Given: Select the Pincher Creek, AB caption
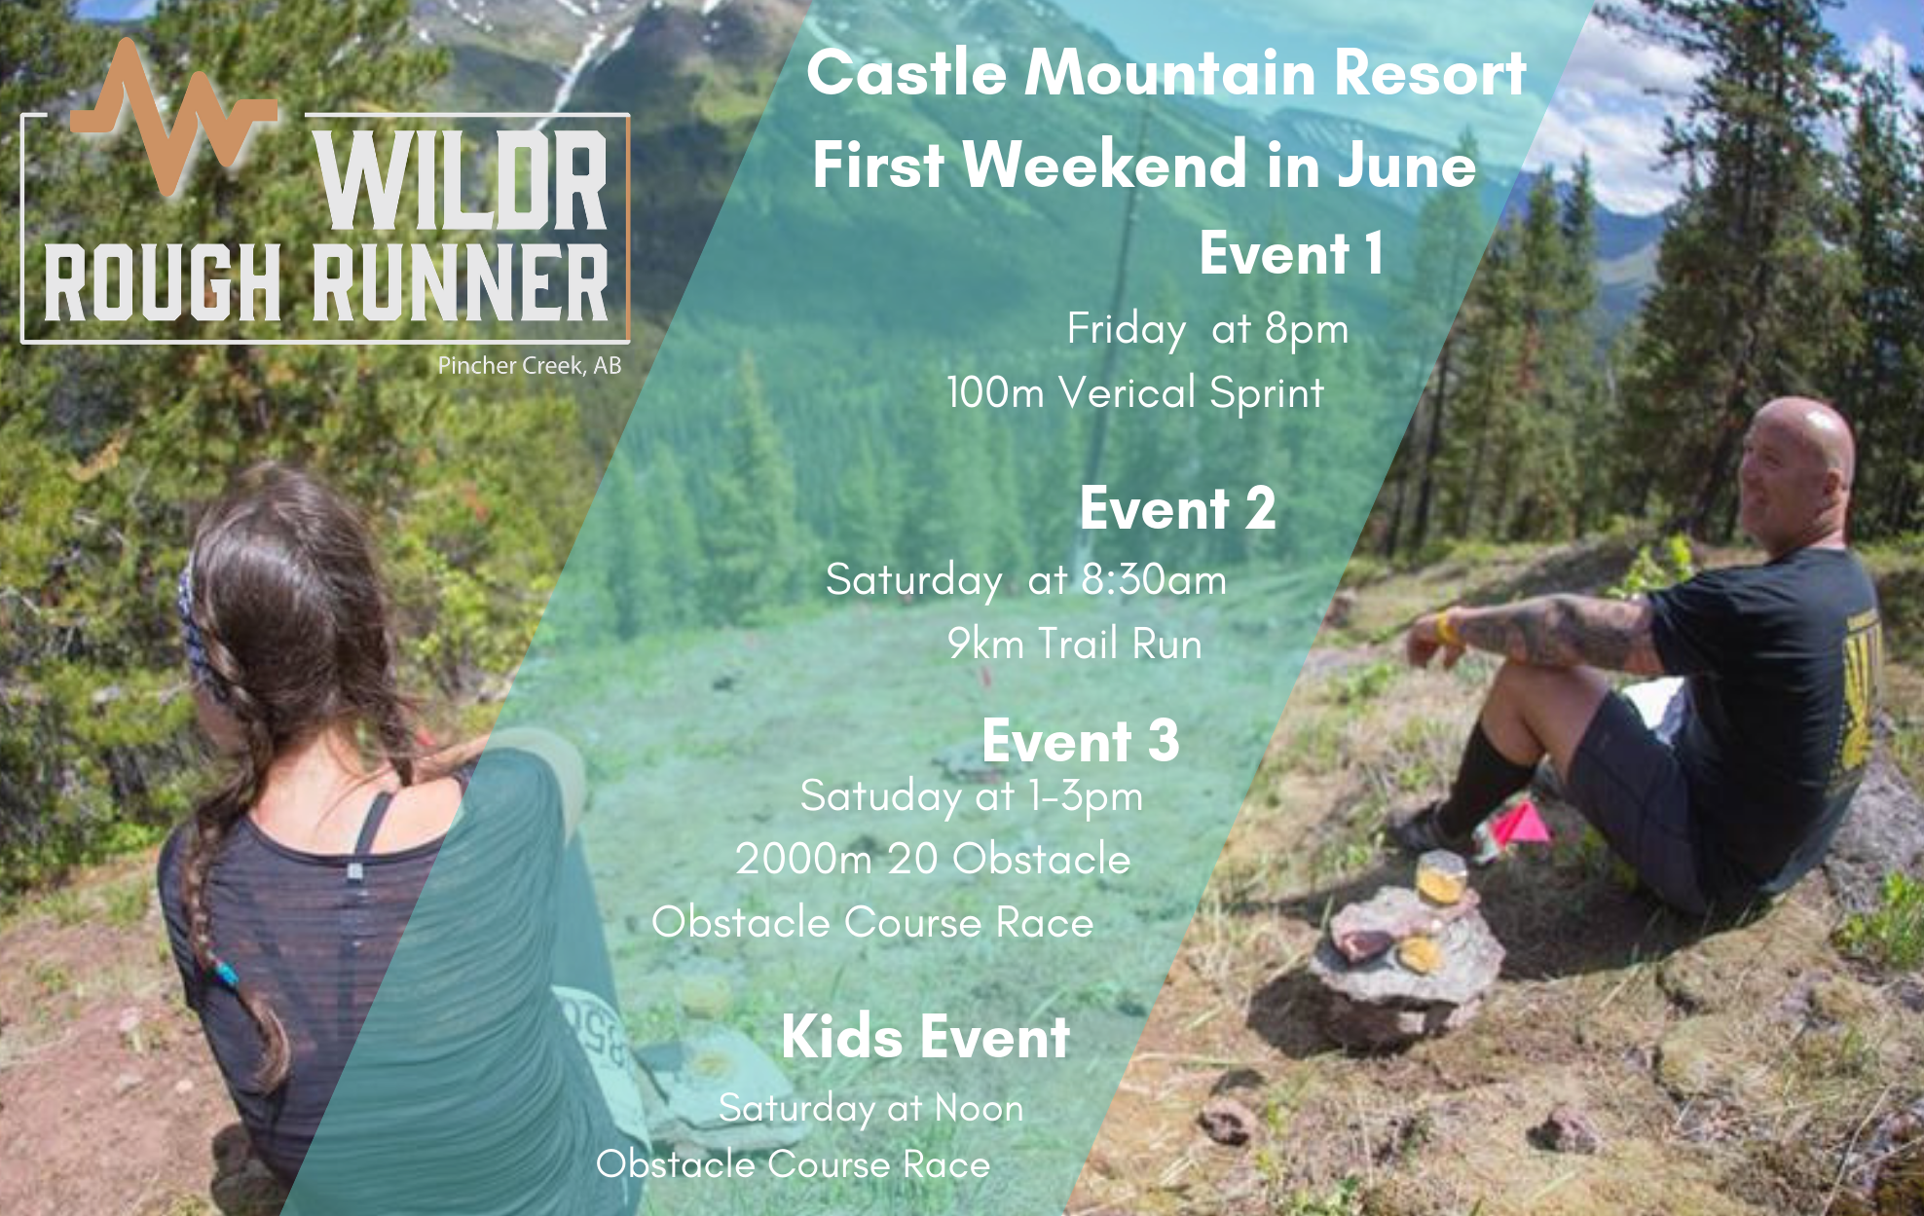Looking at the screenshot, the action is point(529,366).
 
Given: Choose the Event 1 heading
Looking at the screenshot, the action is point(1291,254).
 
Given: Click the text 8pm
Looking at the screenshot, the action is point(1307,329).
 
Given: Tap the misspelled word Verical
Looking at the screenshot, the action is point(1128,392).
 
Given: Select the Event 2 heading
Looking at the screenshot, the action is point(1177,508).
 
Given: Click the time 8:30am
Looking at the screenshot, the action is point(1154,580).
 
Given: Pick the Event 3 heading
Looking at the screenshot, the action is point(1081,741).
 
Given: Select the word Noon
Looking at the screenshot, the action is point(979,1108).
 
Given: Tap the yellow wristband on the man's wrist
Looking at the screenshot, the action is point(1447,628).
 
